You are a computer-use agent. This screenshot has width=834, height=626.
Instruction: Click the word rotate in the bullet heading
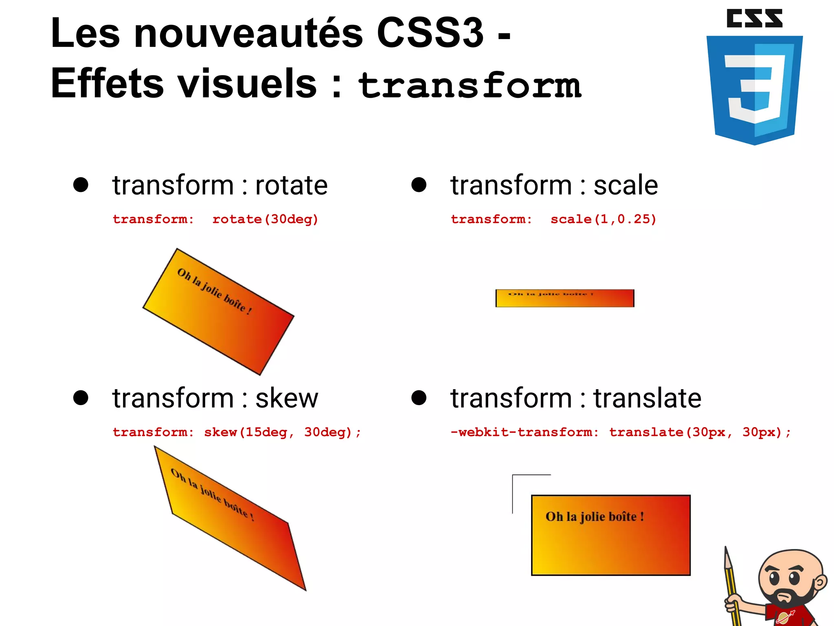click(291, 185)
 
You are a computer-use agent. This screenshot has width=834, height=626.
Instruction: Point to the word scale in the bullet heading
click(625, 185)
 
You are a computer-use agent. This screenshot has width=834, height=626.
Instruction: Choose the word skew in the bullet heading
click(287, 398)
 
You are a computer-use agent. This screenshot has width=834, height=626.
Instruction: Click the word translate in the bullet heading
click(647, 398)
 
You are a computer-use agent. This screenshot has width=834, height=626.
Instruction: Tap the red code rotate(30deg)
click(265, 219)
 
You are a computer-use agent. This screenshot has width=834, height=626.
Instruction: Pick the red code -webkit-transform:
click(525, 432)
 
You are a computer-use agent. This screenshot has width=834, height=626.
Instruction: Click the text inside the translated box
click(595, 517)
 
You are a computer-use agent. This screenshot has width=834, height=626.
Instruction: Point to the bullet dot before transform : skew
click(81, 398)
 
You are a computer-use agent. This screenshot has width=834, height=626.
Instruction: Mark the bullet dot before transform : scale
click(419, 185)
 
